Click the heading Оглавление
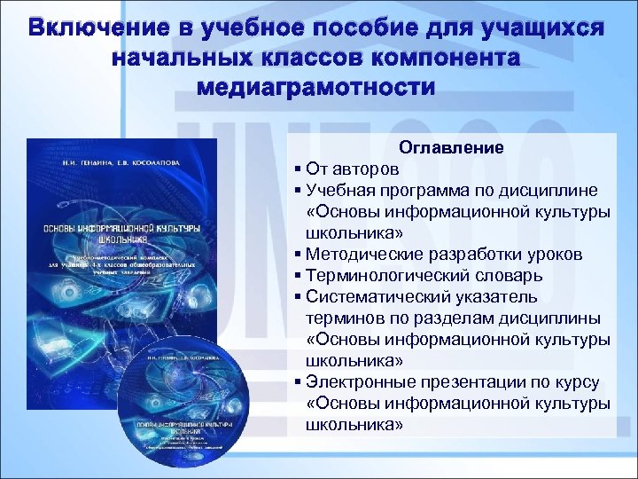[451, 147]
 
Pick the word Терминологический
[382, 275]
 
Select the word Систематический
[376, 296]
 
